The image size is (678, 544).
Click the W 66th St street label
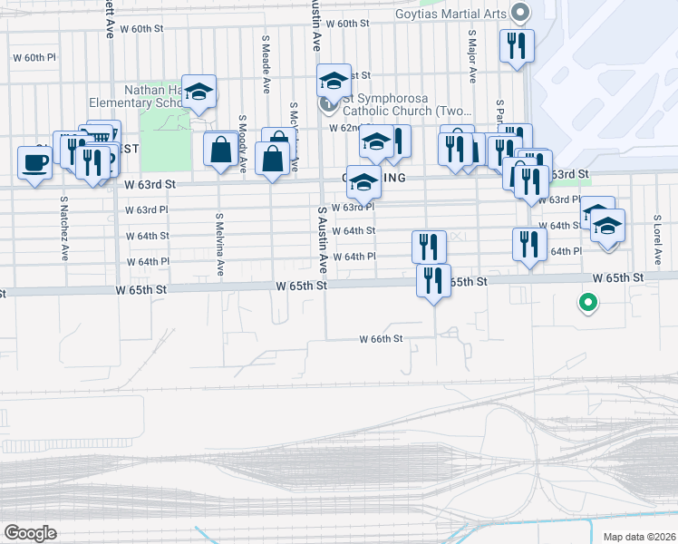point(380,339)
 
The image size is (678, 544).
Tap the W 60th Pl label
point(34,57)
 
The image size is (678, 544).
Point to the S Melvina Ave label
point(220,245)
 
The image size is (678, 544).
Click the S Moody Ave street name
point(243,142)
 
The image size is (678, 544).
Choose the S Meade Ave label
point(266,66)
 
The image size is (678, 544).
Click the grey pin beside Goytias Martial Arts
point(520,14)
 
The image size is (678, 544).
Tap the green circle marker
point(588,304)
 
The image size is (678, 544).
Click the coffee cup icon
point(34,163)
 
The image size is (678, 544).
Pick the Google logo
point(30,533)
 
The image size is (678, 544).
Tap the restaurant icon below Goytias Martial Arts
point(517,45)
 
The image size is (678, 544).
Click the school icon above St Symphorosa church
point(334,81)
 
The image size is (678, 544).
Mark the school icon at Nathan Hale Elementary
point(199,91)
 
